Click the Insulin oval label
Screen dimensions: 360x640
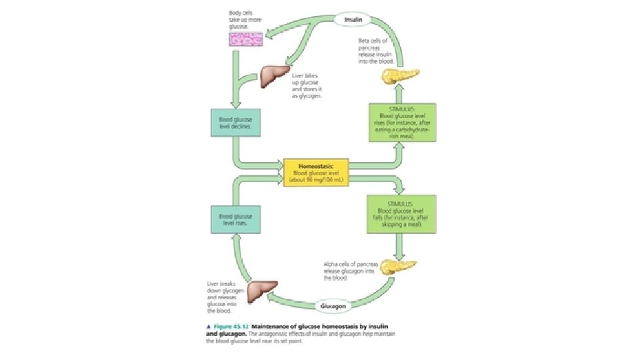point(353,19)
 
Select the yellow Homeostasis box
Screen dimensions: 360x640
point(317,172)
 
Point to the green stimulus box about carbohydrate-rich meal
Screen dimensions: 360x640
point(402,122)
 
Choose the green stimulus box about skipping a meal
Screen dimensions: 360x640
point(401,213)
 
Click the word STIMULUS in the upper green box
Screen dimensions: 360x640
point(401,108)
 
